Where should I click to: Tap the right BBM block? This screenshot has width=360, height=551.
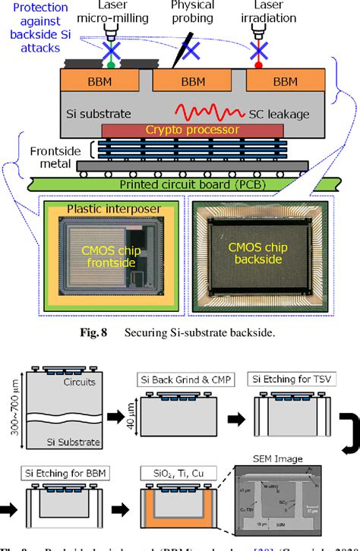point(285,81)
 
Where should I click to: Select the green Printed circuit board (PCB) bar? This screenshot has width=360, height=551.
point(175,183)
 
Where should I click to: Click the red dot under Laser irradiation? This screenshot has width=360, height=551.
point(258,66)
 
